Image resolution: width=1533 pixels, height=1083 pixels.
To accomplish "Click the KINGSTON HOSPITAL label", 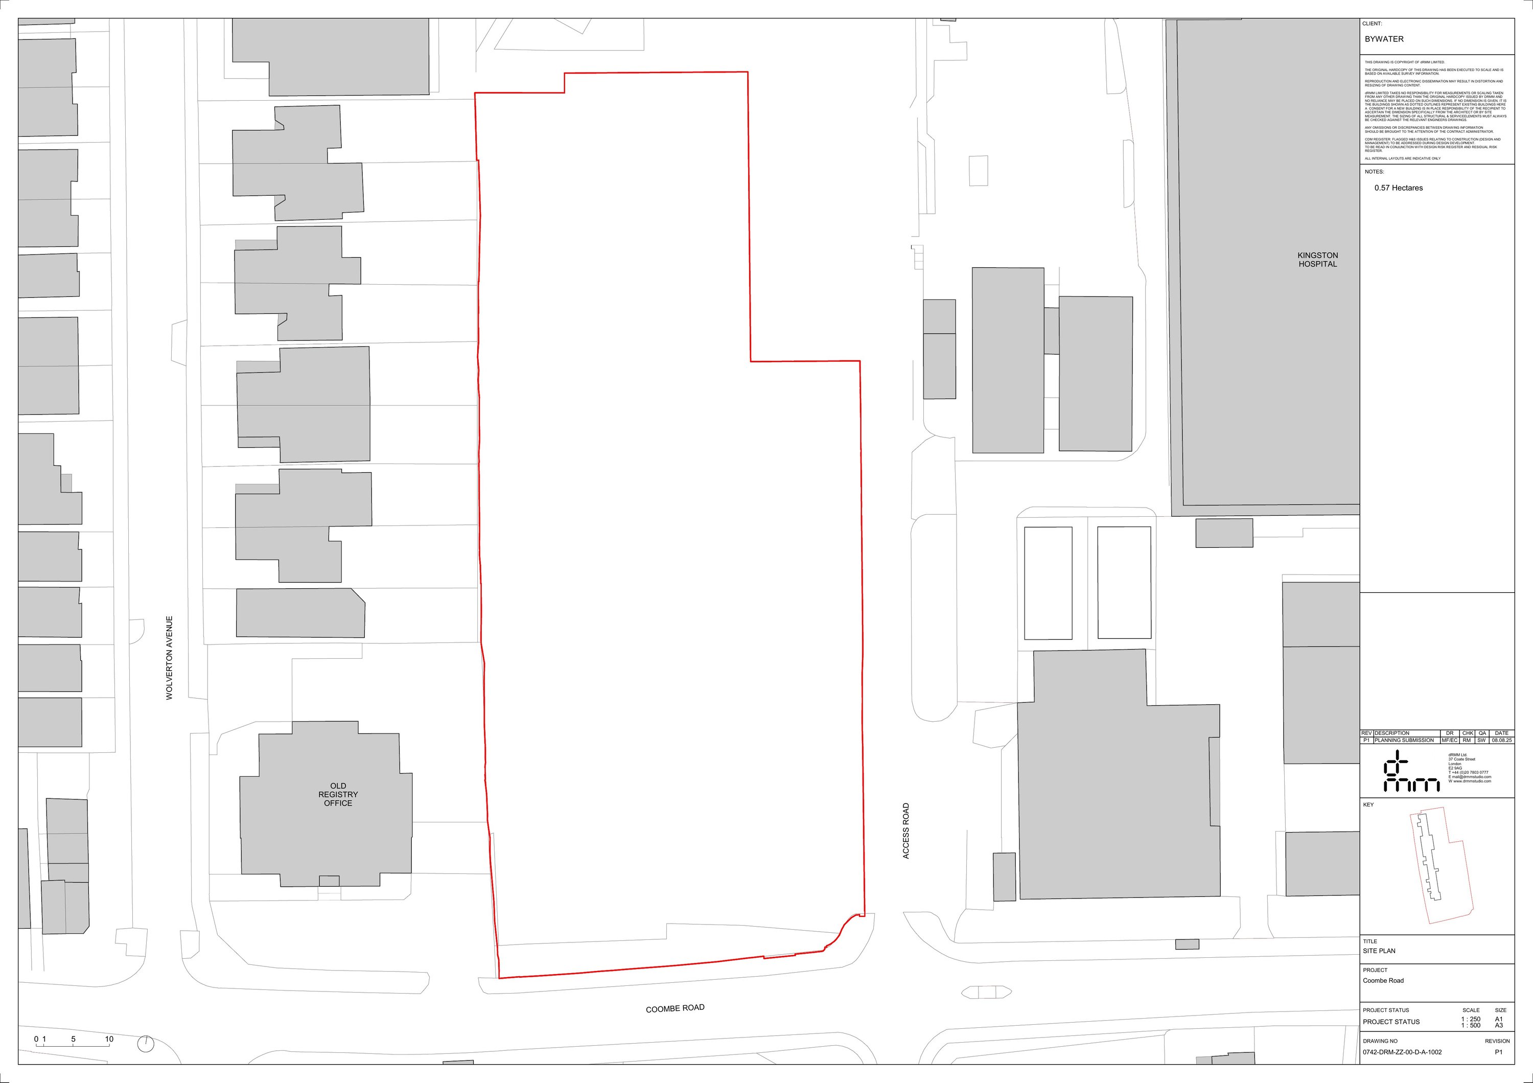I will [x=1317, y=260].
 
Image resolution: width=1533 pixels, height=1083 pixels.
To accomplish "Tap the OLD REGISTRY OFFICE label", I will [x=338, y=795].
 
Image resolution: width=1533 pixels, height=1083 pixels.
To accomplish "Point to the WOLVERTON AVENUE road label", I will [x=170, y=658].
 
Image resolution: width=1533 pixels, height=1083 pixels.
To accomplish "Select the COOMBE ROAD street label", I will [x=675, y=1008].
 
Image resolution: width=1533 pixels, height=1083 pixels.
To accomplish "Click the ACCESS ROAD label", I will [x=906, y=831].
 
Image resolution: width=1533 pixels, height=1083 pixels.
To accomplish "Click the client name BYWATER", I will [x=1384, y=39].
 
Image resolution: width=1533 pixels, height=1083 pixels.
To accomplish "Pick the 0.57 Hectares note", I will [x=1398, y=188].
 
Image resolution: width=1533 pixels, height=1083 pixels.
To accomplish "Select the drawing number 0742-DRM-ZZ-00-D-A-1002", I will [x=1402, y=1052].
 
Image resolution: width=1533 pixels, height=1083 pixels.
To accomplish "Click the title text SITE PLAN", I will [x=1379, y=951].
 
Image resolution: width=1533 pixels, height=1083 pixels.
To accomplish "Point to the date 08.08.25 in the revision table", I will [x=1502, y=741].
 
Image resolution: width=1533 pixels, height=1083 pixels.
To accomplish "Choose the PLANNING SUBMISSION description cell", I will [x=1404, y=741].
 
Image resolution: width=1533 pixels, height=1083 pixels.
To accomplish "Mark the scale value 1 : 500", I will [x=1471, y=1025].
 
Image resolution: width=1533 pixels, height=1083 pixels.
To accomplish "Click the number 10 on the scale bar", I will [x=109, y=1039].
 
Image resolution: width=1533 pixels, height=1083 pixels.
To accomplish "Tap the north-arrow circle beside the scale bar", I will [x=145, y=1044].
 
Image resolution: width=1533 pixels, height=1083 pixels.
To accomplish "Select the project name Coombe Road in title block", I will [x=1383, y=981].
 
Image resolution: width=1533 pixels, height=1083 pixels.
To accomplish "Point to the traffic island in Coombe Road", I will [x=986, y=992].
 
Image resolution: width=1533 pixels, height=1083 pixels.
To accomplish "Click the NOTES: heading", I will [x=1374, y=172].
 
